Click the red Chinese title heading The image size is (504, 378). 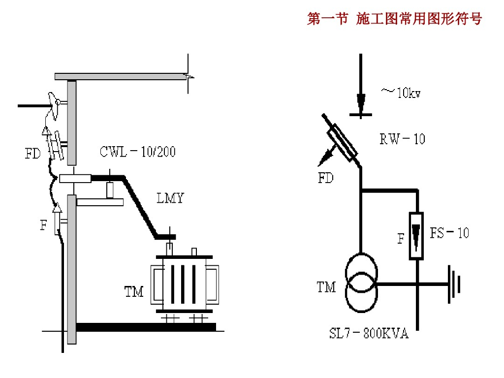click(x=394, y=18)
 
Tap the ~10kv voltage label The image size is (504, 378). click(x=401, y=93)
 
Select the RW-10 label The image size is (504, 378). click(x=402, y=139)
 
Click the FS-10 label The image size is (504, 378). click(x=449, y=233)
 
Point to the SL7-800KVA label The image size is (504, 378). click(x=369, y=333)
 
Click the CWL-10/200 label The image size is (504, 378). click(x=138, y=152)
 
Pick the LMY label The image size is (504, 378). click(x=170, y=198)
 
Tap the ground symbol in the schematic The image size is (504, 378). click(x=454, y=284)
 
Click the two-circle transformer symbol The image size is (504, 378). click(x=361, y=283)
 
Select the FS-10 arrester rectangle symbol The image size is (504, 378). click(x=416, y=236)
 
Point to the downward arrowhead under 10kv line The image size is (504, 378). click(x=361, y=102)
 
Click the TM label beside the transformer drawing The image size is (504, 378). click(x=134, y=291)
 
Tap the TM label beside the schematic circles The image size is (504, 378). click(x=326, y=287)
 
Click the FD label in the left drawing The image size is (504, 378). click(x=33, y=154)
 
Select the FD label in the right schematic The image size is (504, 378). click(x=326, y=178)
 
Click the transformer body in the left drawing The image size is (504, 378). click(x=185, y=284)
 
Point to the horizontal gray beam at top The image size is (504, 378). click(x=121, y=76)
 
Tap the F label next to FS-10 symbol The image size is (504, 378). click(x=401, y=239)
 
